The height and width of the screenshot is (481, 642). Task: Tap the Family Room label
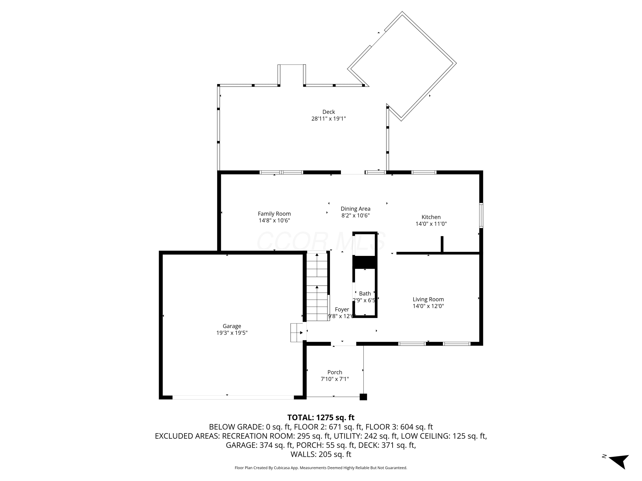coord(274,214)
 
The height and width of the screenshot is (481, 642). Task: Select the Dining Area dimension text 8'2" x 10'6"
coord(355,215)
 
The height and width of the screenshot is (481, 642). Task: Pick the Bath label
coord(365,294)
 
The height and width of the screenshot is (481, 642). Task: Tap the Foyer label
coord(342,309)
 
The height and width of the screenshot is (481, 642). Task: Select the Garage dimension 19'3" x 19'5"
coord(232,333)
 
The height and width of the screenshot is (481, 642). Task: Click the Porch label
coord(335,372)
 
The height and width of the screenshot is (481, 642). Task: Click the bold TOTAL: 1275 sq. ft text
coord(321,418)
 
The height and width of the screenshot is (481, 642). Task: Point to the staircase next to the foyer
coord(317,287)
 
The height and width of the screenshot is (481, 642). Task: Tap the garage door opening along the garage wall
coord(233,397)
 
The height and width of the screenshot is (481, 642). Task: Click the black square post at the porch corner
coord(363,397)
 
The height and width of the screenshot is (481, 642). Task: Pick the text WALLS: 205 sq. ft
coord(321,454)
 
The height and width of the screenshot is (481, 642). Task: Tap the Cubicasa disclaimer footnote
coord(321,468)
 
